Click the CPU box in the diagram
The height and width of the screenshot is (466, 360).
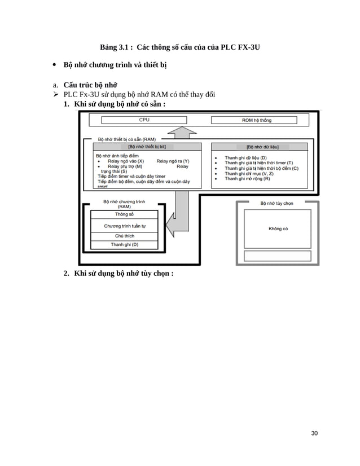click(144, 120)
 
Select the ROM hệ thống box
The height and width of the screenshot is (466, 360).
click(257, 120)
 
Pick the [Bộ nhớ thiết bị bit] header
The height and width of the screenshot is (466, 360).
click(147, 147)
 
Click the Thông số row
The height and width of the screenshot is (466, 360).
click(124, 214)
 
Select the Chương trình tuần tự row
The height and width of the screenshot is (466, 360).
click(124, 226)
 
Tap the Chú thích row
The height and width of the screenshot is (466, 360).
click(124, 236)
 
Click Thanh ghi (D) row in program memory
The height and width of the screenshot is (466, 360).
click(124, 244)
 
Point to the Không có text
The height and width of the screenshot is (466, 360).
click(278, 228)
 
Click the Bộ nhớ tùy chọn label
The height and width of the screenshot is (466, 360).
click(276, 203)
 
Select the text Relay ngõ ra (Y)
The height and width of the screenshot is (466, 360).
click(173, 161)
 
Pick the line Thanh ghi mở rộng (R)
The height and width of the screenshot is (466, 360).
click(247, 179)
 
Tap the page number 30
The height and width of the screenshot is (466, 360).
click(314, 433)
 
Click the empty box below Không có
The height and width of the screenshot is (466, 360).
click(277, 256)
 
